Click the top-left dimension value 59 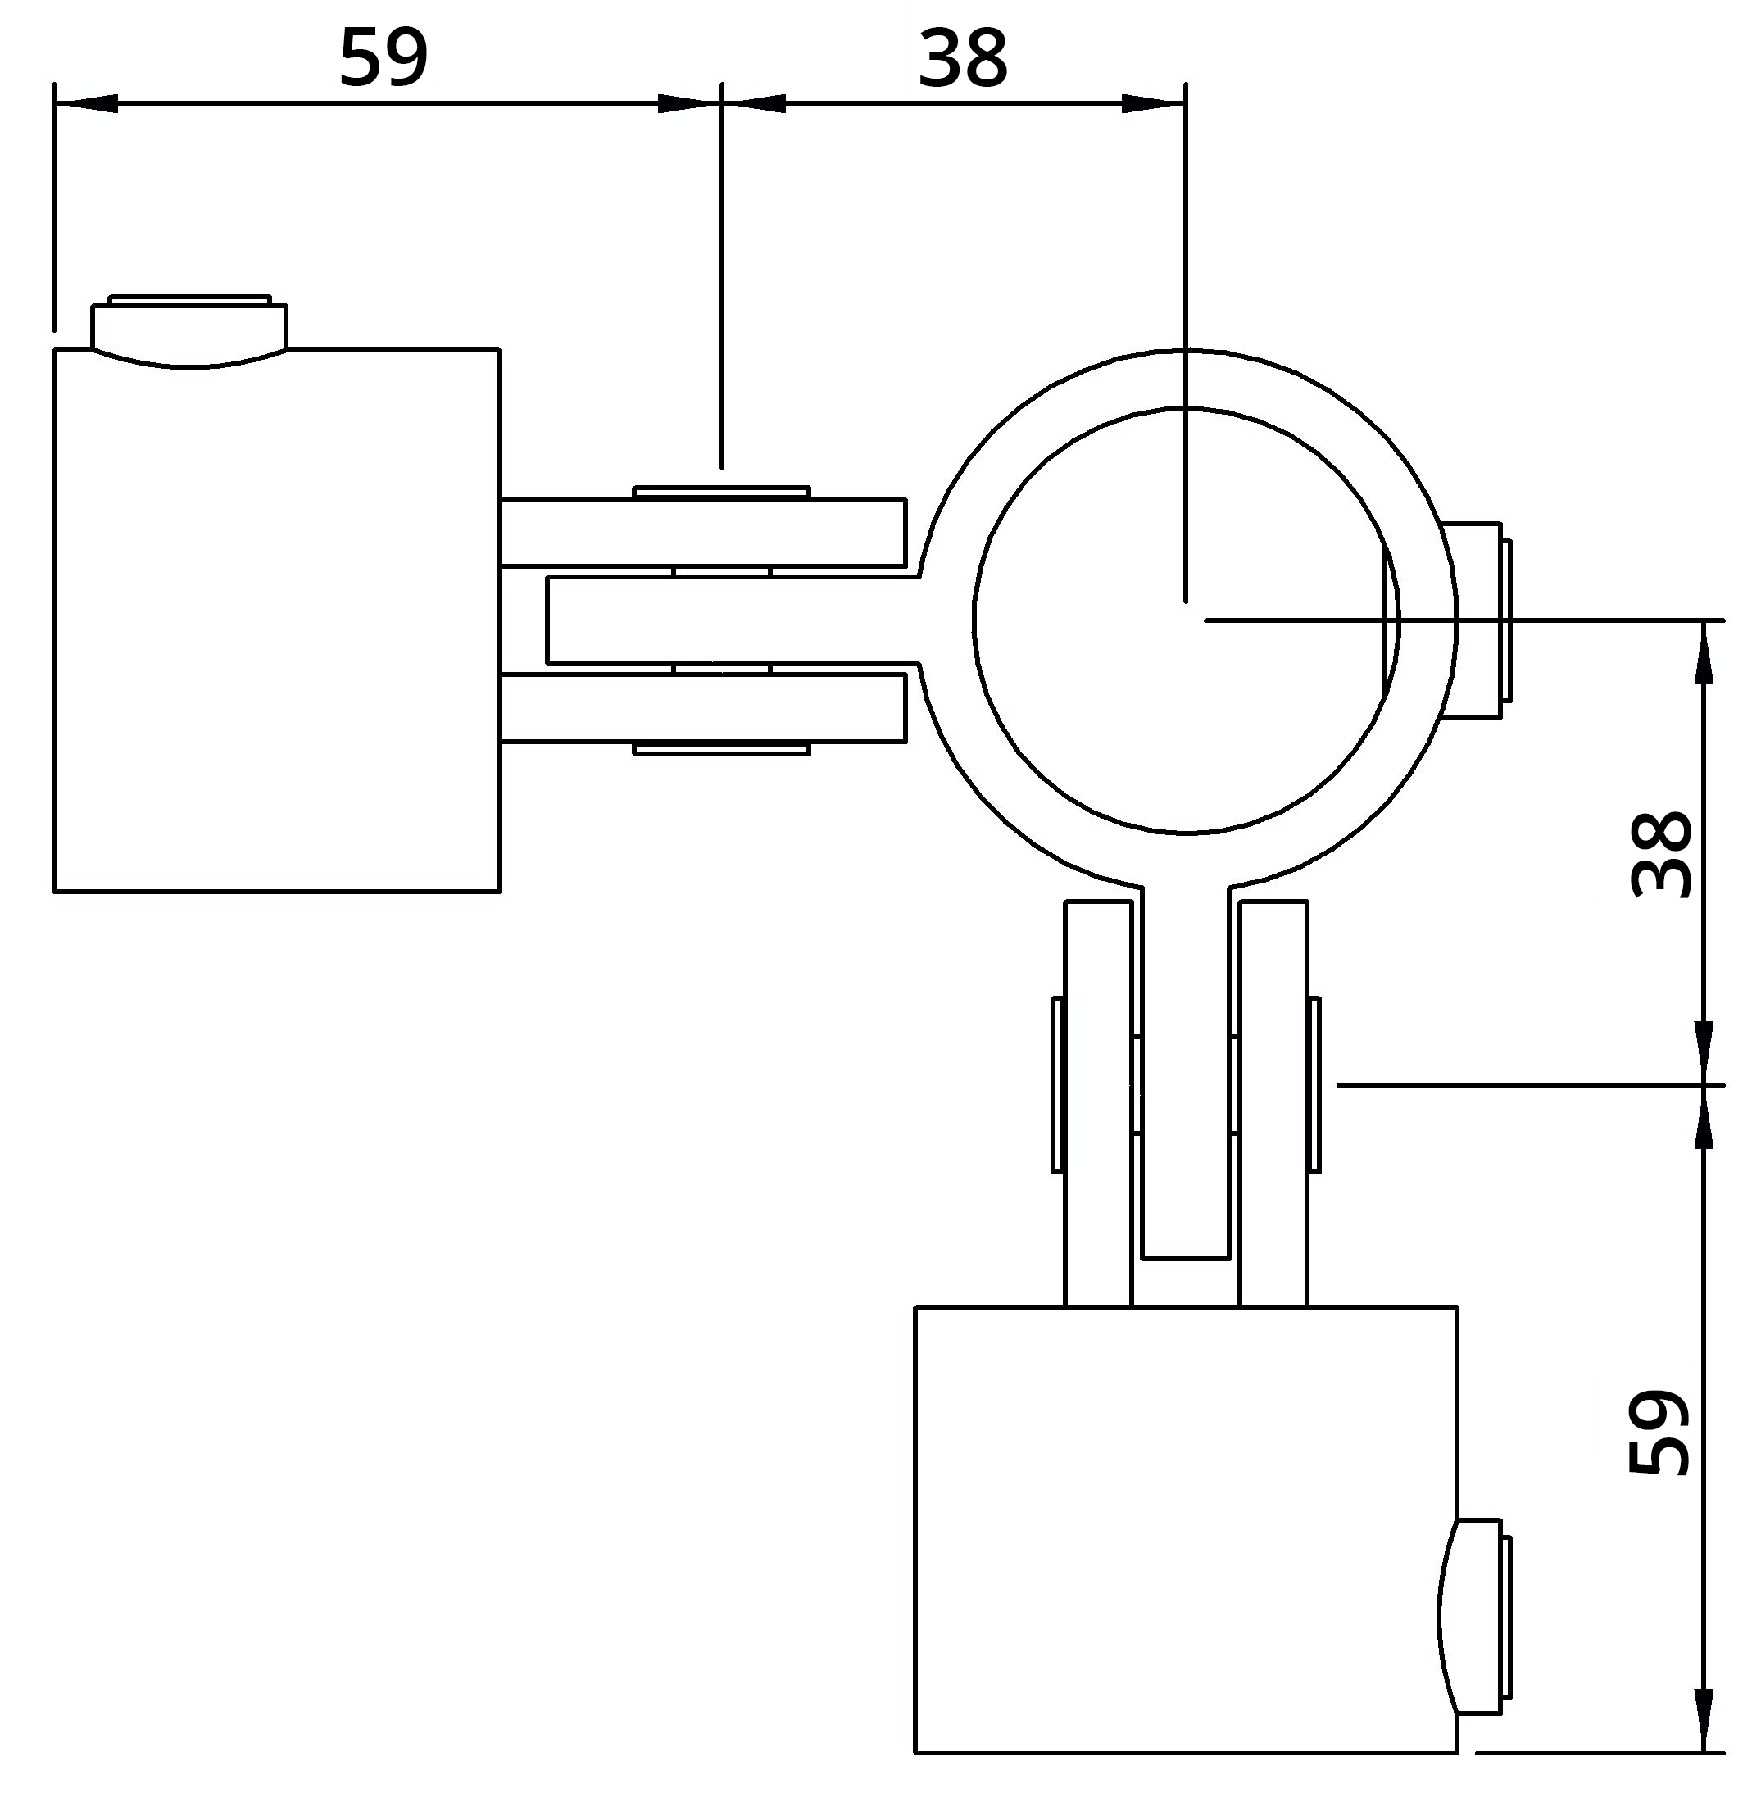point(384,59)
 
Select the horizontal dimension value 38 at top point(963,59)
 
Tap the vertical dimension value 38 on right point(1661,854)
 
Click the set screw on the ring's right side point(1476,620)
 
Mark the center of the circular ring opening point(1186,620)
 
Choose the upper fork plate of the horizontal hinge point(704,532)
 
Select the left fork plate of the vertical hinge point(1098,1101)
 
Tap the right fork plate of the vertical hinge point(1273,1101)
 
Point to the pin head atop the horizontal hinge point(721,492)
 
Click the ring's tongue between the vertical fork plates point(1186,1077)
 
